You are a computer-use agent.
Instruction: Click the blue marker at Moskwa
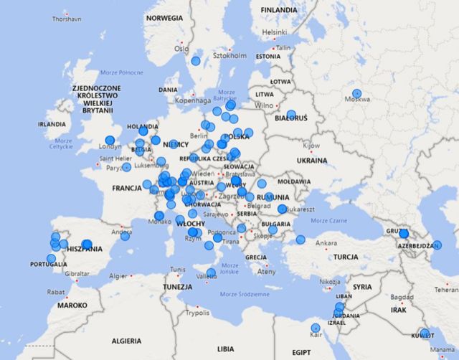357,93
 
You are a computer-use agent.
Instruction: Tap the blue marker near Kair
316,328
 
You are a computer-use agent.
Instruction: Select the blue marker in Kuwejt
425,333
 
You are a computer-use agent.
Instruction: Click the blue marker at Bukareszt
282,209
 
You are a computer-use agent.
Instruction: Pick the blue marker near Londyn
110,141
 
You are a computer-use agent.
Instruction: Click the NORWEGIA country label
164,17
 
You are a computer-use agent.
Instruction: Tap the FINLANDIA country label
279,10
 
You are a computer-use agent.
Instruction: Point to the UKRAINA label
311,161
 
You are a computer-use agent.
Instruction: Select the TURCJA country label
345,257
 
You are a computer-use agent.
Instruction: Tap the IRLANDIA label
52,123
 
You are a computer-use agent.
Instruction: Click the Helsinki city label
274,32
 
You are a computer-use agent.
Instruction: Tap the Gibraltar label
77,274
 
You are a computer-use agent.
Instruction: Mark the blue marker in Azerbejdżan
437,245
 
